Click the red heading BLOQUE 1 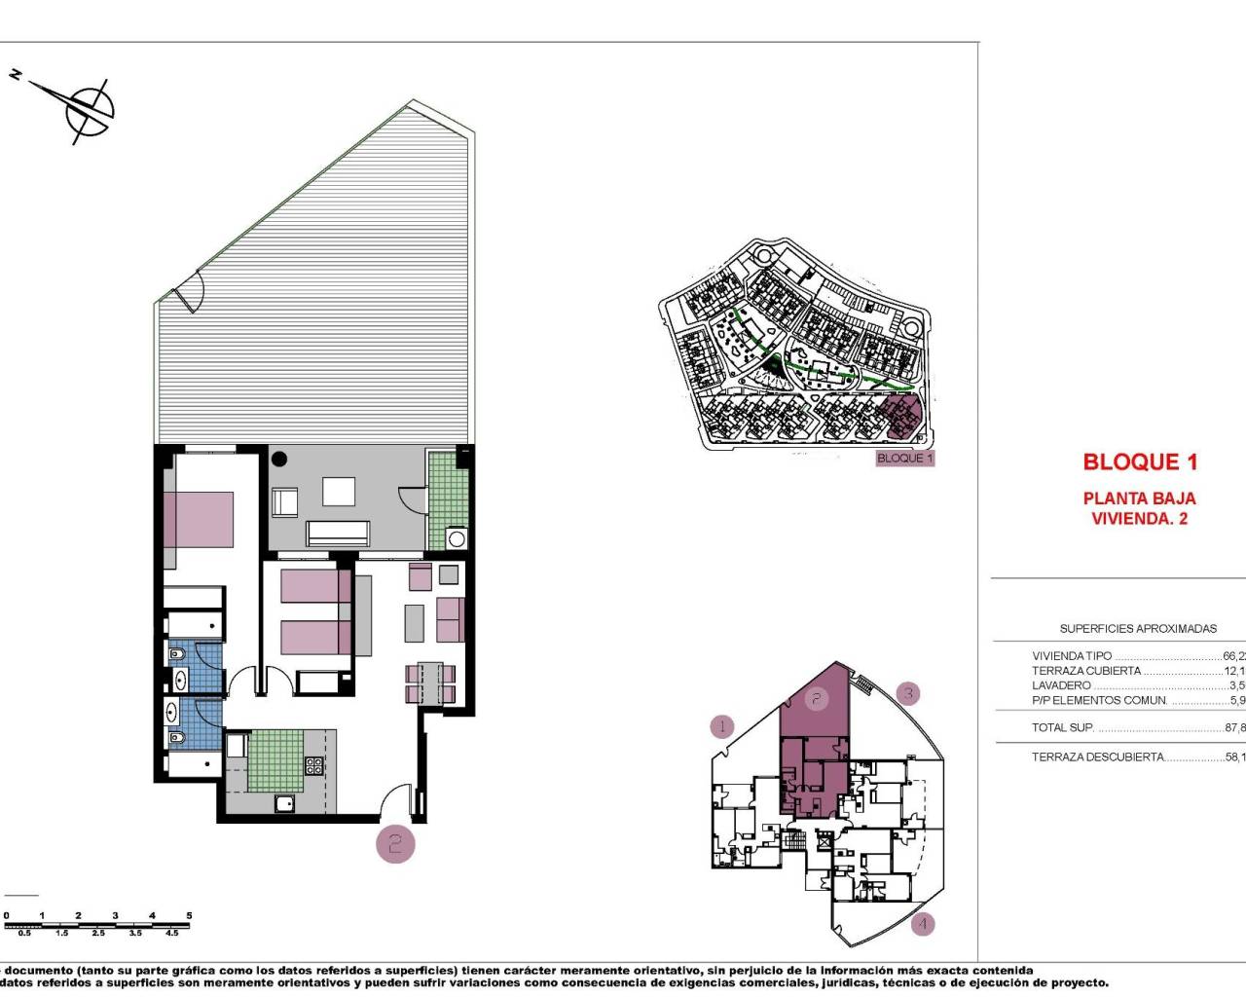click(x=1140, y=462)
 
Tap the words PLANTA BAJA click(x=1140, y=498)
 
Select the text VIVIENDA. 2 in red click(x=1140, y=519)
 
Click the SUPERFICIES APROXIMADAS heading click(x=1138, y=629)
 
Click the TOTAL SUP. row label click(x=1063, y=727)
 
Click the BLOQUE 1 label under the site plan click(x=905, y=458)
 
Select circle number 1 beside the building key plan click(x=722, y=726)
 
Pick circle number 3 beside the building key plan click(x=908, y=693)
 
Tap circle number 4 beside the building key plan click(x=923, y=924)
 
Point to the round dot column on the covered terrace click(x=280, y=458)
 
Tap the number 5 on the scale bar click(x=189, y=916)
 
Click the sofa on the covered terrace click(x=338, y=533)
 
